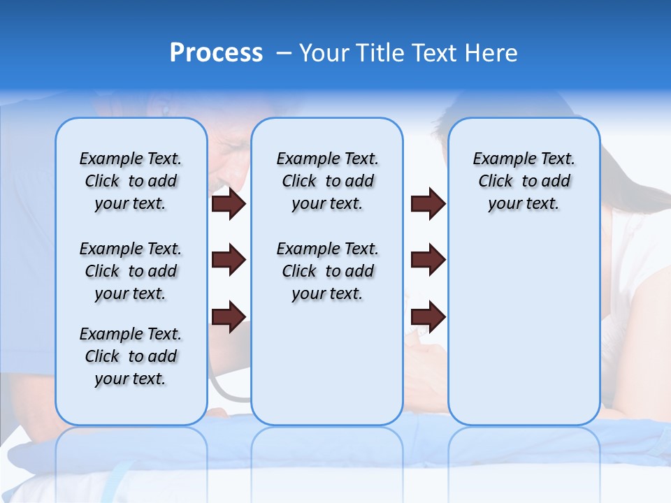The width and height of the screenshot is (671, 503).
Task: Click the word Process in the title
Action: [x=216, y=53]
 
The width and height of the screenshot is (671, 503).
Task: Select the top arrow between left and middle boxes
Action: [x=229, y=204]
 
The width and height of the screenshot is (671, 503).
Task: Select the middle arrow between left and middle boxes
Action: [x=229, y=260]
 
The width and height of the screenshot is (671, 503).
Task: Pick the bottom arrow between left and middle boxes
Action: [x=229, y=316]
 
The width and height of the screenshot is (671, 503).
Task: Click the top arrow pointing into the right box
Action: [x=428, y=204]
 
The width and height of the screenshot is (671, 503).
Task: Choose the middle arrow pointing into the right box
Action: [x=428, y=260]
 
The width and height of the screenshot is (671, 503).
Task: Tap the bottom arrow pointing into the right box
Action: [x=428, y=316]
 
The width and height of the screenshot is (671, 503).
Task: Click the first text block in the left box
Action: [x=131, y=181]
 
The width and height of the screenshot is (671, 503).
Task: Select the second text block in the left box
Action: [x=131, y=271]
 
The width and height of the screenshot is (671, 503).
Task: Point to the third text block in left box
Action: [x=131, y=356]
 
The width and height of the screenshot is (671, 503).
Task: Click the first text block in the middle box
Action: [x=327, y=181]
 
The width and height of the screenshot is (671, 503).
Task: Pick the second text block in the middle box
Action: [x=327, y=271]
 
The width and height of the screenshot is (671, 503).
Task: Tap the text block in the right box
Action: [x=524, y=181]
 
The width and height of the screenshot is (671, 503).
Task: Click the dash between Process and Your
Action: [x=284, y=53]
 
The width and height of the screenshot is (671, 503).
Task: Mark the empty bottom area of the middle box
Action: [x=327, y=370]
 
